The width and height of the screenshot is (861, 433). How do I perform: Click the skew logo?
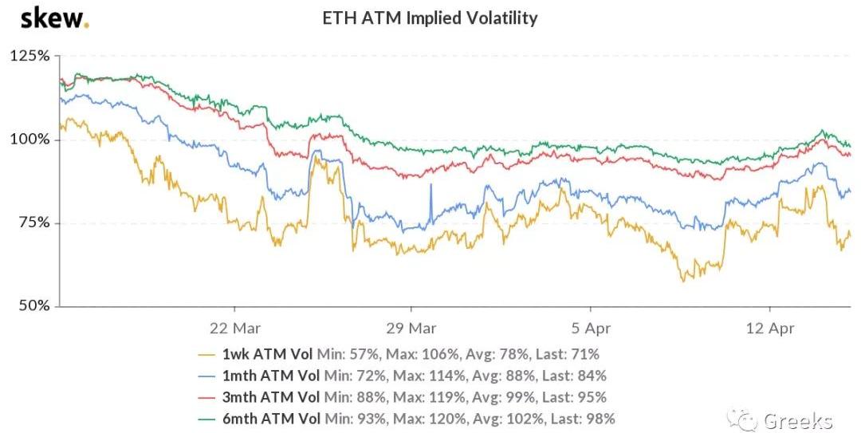click(54, 18)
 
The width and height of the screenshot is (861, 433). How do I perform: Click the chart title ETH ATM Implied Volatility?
click(429, 18)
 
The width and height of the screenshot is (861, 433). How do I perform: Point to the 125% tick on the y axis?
click(29, 57)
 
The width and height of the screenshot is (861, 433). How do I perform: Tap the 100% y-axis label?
click(29, 140)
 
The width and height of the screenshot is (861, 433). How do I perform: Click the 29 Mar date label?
click(411, 327)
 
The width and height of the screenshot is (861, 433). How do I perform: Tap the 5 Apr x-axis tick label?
click(590, 327)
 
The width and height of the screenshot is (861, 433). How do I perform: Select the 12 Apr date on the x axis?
click(769, 327)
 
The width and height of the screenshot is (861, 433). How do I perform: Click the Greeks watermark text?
click(797, 420)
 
